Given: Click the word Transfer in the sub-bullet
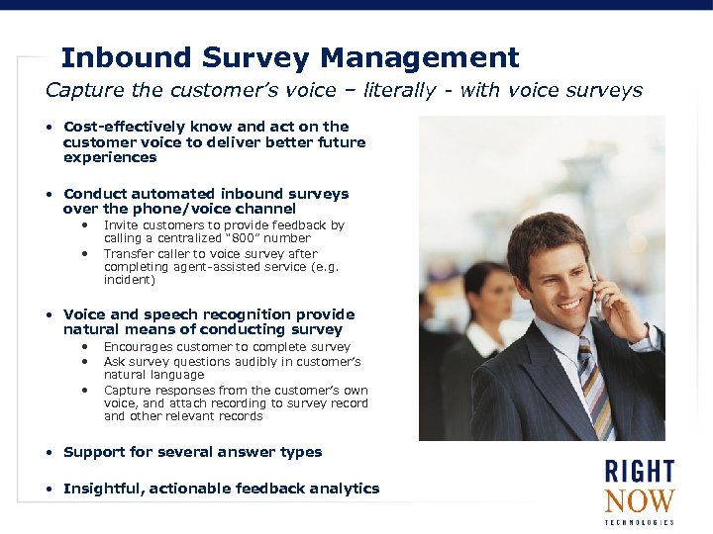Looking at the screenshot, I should pyautogui.click(x=131, y=253).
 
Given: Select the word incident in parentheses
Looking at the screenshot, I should pyautogui.click(x=129, y=280).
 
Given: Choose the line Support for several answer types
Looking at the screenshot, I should pyautogui.click(x=192, y=452).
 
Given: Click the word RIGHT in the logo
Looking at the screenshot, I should pyautogui.click(x=639, y=472).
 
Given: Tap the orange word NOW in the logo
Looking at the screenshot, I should pyautogui.click(x=639, y=501).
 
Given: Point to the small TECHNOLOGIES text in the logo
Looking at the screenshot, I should pyautogui.click(x=639, y=522).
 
